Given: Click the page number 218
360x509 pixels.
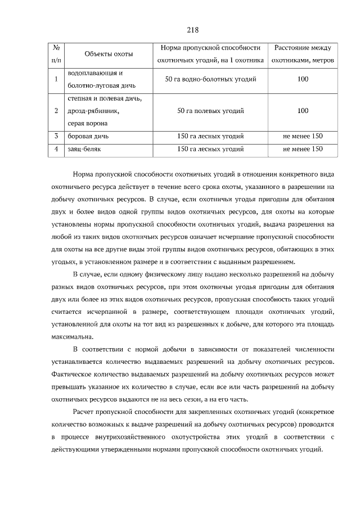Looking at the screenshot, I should [192, 29].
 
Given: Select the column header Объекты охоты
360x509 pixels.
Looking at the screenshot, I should [109, 54].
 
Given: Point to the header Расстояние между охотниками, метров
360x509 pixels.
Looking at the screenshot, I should [303, 54].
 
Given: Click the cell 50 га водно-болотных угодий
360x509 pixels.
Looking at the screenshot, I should [210, 79].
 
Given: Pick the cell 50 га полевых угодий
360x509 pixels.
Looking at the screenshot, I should [210, 111].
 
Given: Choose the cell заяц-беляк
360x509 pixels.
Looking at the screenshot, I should [83, 149].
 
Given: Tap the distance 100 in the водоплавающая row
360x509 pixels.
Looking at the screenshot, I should [303, 79].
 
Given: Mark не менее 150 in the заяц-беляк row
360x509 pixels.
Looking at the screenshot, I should [303, 149].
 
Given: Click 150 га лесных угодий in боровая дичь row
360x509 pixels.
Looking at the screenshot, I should [210, 136].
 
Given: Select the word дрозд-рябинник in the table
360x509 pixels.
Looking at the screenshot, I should [93, 111].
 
